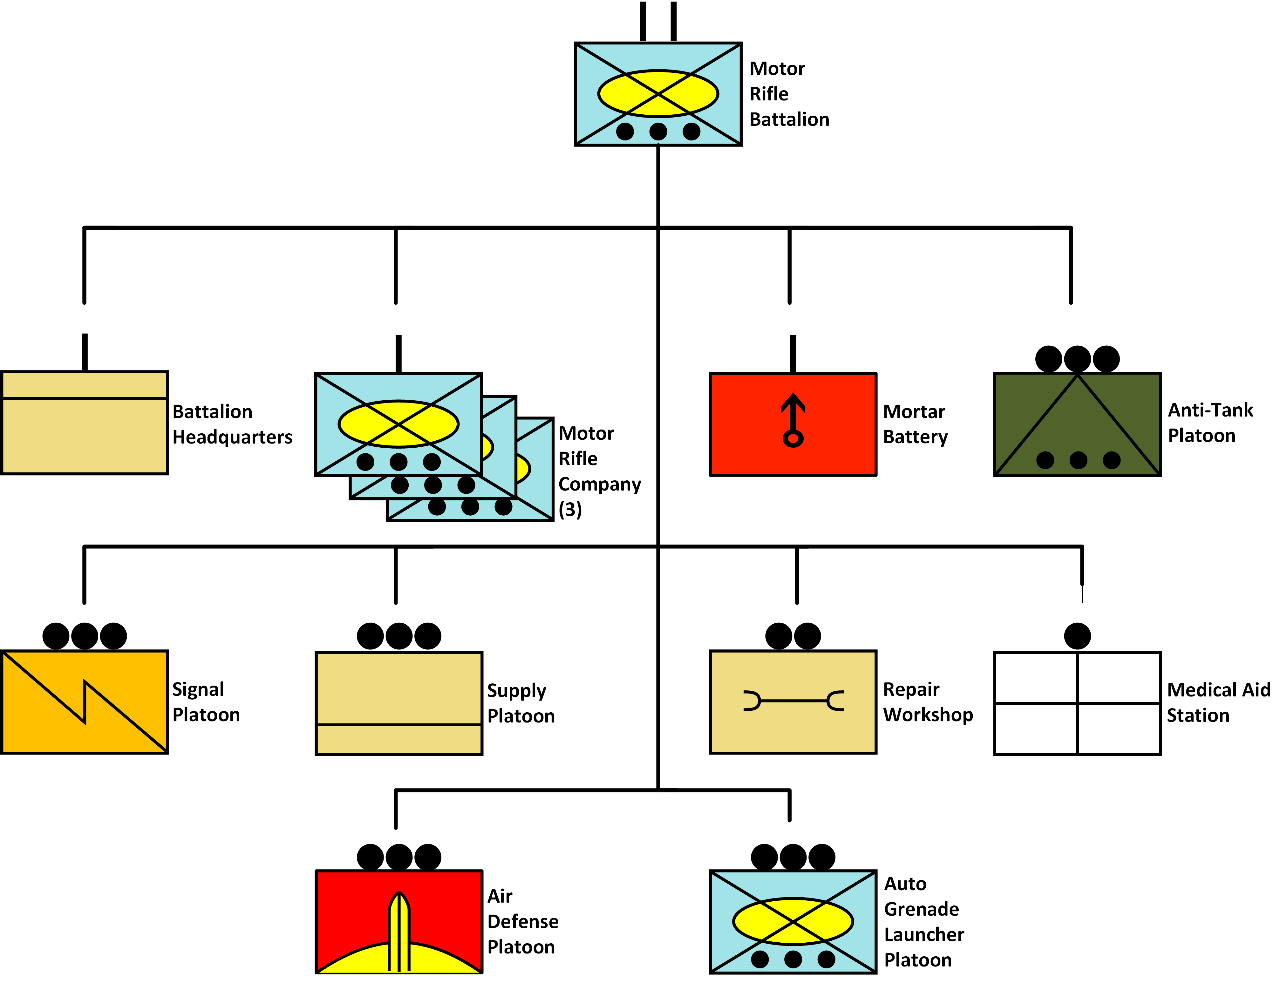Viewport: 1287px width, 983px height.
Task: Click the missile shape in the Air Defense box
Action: point(398,930)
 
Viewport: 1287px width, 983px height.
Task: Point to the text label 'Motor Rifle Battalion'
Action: point(789,94)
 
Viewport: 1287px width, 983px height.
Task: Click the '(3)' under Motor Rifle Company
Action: point(570,510)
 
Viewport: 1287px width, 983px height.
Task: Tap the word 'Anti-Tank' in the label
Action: point(1210,410)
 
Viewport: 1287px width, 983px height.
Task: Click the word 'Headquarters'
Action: point(232,437)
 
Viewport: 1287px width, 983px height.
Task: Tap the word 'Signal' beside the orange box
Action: point(198,689)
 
